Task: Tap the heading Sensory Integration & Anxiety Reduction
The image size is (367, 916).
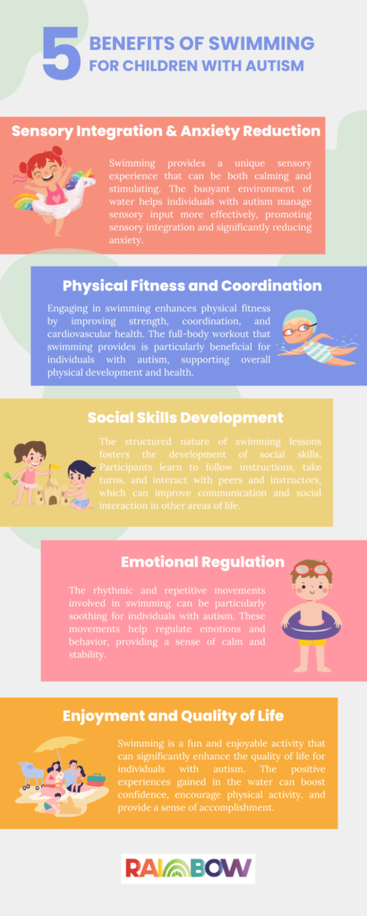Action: pos(166,131)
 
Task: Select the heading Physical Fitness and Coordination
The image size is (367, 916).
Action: pos(192,285)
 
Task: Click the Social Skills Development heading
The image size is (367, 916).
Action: pos(185,417)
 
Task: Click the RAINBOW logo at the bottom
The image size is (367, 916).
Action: pos(187,869)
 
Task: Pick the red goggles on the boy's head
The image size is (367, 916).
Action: pos(312,569)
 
